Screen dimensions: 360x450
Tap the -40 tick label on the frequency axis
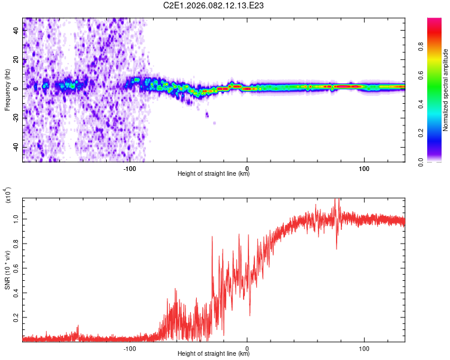coord(17,147)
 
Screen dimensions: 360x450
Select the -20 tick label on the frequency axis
coord(17,118)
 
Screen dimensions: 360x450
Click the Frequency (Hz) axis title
coord(7,89)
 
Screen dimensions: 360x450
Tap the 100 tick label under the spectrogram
coord(364,169)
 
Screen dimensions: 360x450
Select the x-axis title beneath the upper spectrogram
coord(214,174)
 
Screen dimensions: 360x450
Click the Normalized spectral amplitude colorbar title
coord(445,89)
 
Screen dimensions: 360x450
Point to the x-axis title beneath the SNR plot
coord(214,354)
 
